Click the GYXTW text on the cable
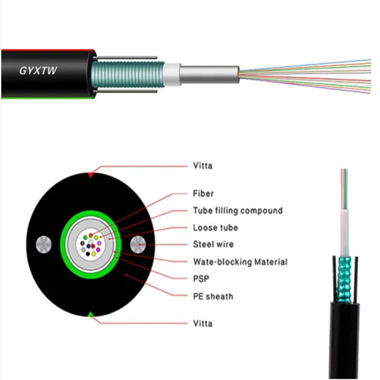click(38, 70)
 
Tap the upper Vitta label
click(203, 166)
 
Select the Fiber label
click(203, 194)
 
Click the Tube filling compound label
click(238, 210)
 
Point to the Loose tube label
click(216, 228)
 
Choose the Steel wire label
click(213, 244)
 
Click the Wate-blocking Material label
click(240, 262)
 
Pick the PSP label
click(201, 279)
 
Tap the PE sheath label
click(213, 296)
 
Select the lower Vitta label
click(203, 323)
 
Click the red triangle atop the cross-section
click(90, 175)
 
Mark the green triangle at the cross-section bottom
click(90, 314)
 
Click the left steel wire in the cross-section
click(44, 245)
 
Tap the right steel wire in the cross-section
click(138, 245)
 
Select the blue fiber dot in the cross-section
click(88, 246)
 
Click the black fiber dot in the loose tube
click(88, 254)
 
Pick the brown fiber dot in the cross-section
click(82, 243)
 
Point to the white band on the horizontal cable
click(172, 75)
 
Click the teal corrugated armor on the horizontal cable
click(128, 75)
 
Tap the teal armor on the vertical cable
click(344, 279)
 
